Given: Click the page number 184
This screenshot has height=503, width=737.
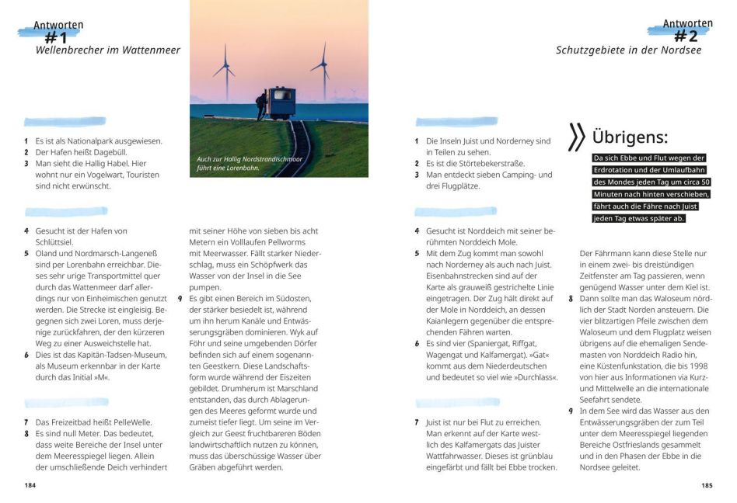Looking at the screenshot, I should (x=30, y=485).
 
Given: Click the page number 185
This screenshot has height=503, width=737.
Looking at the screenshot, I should (x=706, y=485).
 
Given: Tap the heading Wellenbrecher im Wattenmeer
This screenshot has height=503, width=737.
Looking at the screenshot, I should (x=108, y=50).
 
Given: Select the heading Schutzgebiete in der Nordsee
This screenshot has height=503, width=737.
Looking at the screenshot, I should (x=628, y=50).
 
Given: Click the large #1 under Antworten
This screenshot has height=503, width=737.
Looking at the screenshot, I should (x=56, y=37).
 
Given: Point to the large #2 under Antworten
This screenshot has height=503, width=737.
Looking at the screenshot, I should (x=685, y=36).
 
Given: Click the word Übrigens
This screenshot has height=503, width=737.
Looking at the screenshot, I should (x=630, y=137).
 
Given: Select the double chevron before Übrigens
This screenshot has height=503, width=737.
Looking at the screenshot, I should (x=576, y=137).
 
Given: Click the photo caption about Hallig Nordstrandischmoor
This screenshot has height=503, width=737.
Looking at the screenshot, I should (x=249, y=162).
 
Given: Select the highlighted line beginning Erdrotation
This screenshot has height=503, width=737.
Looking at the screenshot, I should (x=648, y=169).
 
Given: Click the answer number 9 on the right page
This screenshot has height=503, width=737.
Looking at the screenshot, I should (x=571, y=411).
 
